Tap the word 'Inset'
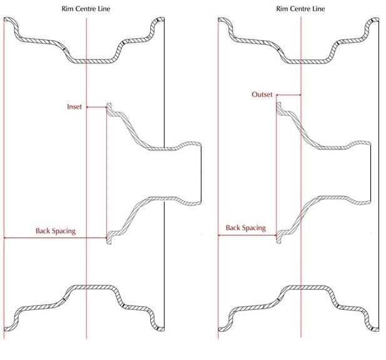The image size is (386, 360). tap(74, 107)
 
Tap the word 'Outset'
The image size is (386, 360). tap(262, 95)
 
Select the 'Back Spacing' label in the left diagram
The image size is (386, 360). tap(55, 230)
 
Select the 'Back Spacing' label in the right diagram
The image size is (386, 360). tap(246, 228)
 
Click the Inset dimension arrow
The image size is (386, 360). tap(96, 107)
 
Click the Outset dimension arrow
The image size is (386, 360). tap(288, 95)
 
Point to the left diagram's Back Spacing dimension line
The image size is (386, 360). tap(55, 238)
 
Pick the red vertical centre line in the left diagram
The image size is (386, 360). tap(86, 188)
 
